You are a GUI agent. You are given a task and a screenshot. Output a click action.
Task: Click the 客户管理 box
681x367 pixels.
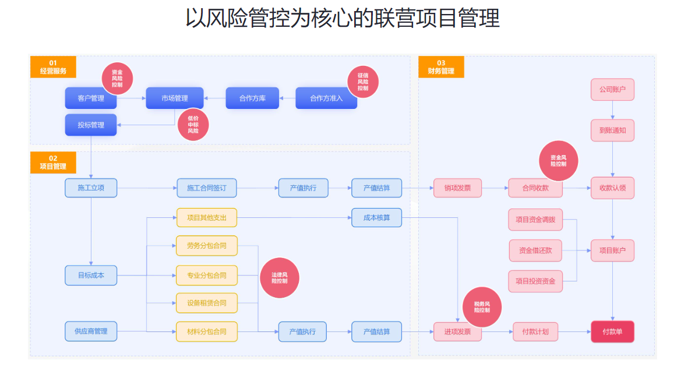click(91, 98)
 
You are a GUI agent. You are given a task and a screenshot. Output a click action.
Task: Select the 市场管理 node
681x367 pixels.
click(175, 98)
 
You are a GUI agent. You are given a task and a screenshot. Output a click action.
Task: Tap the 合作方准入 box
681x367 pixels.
click(326, 98)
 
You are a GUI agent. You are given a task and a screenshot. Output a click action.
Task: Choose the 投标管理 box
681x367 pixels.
click(91, 125)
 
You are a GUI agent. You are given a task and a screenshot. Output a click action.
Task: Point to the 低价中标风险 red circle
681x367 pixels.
click(193, 124)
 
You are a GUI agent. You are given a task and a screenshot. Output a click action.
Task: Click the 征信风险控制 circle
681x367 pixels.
click(363, 81)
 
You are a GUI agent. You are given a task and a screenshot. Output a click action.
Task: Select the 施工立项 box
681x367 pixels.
click(91, 188)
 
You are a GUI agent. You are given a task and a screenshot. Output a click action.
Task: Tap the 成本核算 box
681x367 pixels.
click(376, 218)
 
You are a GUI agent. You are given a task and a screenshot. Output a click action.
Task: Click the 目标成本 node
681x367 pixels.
click(91, 276)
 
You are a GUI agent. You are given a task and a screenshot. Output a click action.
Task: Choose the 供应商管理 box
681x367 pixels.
click(91, 331)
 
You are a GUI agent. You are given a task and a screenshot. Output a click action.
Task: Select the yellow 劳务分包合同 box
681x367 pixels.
click(207, 246)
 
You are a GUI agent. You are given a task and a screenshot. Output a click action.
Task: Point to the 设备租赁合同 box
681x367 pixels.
click(207, 303)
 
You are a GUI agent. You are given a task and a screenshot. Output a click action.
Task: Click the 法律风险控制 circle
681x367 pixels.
click(280, 277)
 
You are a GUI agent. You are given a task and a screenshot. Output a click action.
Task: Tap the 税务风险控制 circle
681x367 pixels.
click(482, 307)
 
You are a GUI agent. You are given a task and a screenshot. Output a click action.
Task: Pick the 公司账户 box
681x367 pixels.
click(612, 90)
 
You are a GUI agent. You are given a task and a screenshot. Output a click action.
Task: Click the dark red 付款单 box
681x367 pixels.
click(612, 331)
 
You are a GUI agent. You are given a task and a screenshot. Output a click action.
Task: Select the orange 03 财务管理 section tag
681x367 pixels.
click(441, 67)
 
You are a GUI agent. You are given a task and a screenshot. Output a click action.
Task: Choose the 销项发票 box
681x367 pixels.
click(457, 188)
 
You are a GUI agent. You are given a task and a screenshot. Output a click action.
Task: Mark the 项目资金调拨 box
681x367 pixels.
click(535, 220)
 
